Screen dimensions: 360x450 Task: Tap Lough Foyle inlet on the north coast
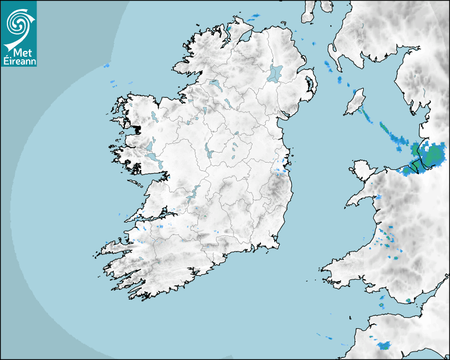pyautogui.click(x=244, y=37)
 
